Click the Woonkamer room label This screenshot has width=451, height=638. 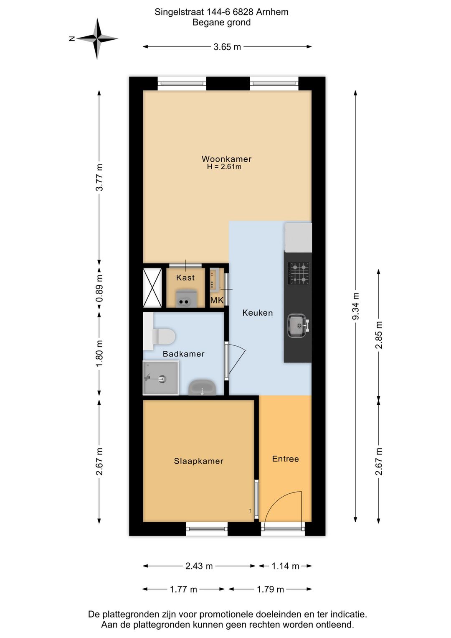(x=226, y=158)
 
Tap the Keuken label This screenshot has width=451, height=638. (x=258, y=313)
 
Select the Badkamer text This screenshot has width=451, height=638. (x=183, y=354)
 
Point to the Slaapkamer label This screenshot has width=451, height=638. (x=199, y=461)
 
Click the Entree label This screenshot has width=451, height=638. (x=285, y=459)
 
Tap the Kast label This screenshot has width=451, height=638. (x=185, y=278)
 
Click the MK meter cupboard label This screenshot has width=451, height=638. (x=217, y=300)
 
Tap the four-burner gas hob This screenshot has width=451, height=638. (x=299, y=273)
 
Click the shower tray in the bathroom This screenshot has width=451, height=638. (x=161, y=378)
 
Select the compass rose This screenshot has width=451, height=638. (x=97, y=38)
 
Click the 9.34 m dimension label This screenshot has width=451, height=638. (x=355, y=306)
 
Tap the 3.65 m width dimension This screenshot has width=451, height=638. (x=227, y=47)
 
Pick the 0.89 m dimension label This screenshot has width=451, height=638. (x=99, y=288)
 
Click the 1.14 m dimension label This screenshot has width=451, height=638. (x=285, y=566)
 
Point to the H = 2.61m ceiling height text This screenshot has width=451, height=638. (x=224, y=167)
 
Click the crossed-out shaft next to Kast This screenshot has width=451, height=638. (x=152, y=288)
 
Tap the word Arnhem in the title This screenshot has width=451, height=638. (x=272, y=12)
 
